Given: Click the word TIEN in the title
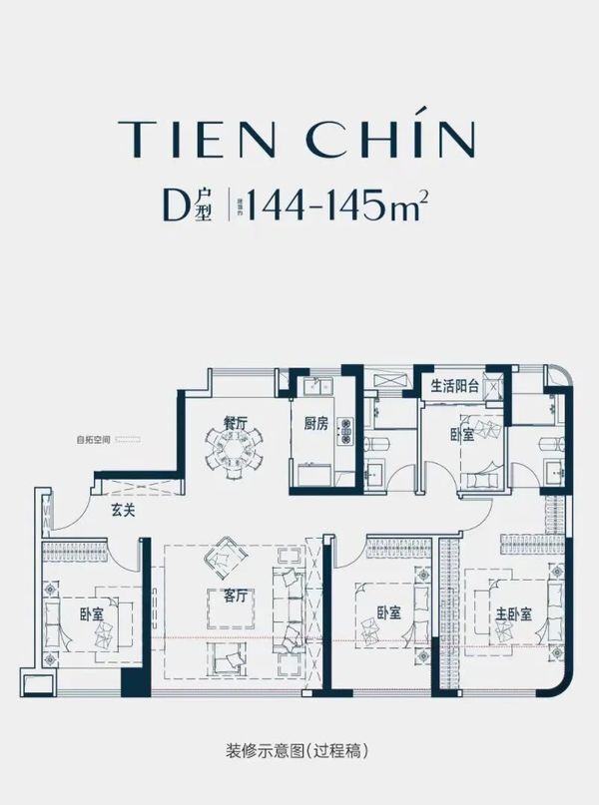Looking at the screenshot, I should coord(190,139).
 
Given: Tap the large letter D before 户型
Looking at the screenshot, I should coord(177,204).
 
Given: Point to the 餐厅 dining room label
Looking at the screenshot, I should coord(235,423).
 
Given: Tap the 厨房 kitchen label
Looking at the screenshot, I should coord(316,423).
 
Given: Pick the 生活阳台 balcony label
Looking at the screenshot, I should coord(455,386).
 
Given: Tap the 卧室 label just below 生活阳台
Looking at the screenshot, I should coord(461,435).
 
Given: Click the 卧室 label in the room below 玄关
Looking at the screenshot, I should coord(91,613).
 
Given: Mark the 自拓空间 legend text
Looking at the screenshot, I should coord(91,439).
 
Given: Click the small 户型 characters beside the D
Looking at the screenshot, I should coord(204,205).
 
